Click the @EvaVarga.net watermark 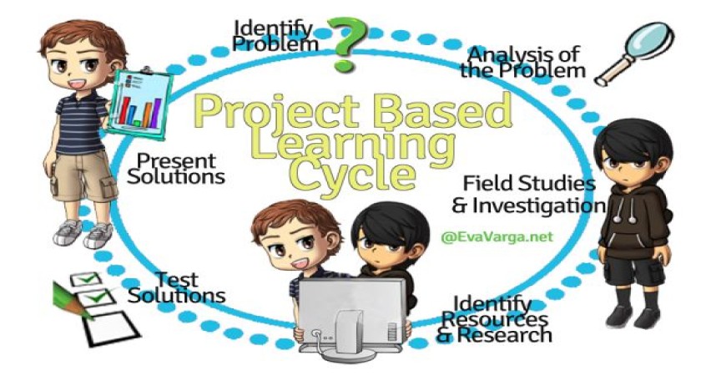[497, 236]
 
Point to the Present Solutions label [176, 169]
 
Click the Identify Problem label [275, 36]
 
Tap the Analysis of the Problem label [522, 62]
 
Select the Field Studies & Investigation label [528, 194]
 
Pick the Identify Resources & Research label [494, 319]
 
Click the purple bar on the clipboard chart [154, 112]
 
